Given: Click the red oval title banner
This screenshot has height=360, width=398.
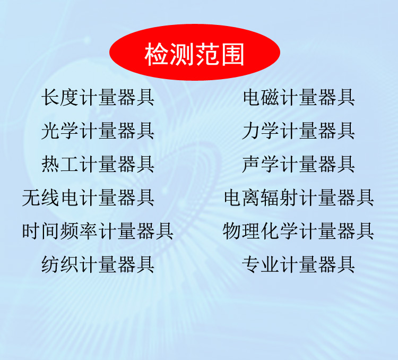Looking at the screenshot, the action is point(195,53).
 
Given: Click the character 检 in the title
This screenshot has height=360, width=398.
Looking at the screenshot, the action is point(157,54).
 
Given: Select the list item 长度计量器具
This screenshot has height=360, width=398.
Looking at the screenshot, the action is point(98,97).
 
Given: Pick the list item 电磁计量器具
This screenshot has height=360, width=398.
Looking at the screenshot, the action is point(299,97).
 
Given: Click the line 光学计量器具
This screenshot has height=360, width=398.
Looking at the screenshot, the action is point(98,131).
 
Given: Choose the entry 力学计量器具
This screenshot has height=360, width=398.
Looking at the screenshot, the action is point(298,131).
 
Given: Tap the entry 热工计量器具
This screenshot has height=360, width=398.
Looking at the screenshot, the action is point(98,164).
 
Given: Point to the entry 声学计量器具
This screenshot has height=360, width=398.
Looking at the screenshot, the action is point(298,164).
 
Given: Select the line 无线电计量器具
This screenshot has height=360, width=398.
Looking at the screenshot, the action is point(88,198).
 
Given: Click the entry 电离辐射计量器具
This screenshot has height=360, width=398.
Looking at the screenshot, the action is point(299,198).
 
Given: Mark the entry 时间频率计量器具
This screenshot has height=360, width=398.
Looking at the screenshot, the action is point(98,231).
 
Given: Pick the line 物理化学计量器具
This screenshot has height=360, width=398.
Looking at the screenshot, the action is point(298,231).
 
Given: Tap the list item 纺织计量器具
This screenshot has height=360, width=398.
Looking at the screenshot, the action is point(98,264).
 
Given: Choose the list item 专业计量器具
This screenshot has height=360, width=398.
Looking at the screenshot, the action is point(298,264).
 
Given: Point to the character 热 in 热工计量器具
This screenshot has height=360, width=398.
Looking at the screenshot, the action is point(50,164).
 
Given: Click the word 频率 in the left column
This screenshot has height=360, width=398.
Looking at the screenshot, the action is point(79,231).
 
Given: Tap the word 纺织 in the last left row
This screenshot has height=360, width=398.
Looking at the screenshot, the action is point(60,264).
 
